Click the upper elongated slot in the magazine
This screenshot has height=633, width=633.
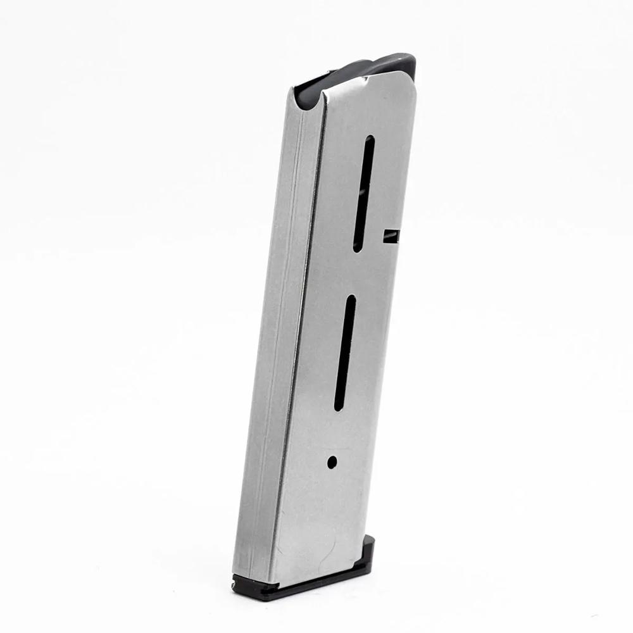click(x=363, y=193)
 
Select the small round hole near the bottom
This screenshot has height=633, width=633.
click(x=332, y=462)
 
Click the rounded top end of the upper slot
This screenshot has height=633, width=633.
click(x=369, y=140)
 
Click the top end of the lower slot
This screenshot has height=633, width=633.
click(x=350, y=299)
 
